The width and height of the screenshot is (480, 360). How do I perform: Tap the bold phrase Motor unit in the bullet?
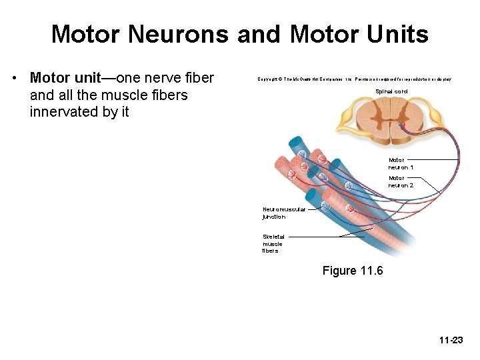click(x=63, y=79)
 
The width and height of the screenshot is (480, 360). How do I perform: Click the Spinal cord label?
click(x=391, y=91)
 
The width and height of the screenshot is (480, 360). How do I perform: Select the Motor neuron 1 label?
click(x=401, y=163)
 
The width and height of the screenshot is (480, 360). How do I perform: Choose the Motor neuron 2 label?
click(x=401, y=181)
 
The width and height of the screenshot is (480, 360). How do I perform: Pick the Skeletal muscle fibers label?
click(x=273, y=243)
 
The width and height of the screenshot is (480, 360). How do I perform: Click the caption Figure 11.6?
click(x=353, y=271)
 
